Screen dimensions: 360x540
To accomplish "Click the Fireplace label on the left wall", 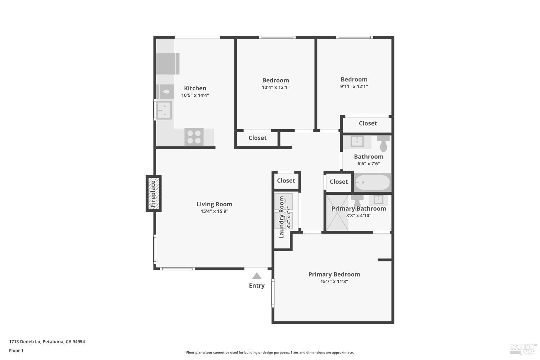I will point(153,194).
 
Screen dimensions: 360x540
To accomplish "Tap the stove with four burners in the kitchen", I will point(194,137).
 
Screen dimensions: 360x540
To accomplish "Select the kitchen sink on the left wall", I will point(164,110).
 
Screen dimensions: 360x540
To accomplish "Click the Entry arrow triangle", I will point(257,276).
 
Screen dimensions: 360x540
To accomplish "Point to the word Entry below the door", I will point(257,286).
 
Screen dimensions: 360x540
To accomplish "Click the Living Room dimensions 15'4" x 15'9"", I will point(214,211).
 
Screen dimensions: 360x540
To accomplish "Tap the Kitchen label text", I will point(195,88).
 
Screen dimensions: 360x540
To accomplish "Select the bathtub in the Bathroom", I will point(372,183).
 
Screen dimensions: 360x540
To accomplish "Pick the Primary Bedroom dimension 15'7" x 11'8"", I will point(334,282).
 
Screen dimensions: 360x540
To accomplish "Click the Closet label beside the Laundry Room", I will point(286,181).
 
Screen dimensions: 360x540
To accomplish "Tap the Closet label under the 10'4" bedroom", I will point(257,138).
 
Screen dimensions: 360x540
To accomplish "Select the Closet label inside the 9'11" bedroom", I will point(368,123).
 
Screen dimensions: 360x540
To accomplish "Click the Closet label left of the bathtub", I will point(339,182).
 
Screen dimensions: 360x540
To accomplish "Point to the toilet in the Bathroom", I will point(383,144).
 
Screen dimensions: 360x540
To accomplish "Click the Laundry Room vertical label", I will point(282,217).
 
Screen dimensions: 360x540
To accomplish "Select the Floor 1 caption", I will point(16,351).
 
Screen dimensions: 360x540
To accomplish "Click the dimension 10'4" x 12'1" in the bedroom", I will point(275,87).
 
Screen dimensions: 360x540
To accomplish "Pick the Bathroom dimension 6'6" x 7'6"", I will point(368,164).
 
